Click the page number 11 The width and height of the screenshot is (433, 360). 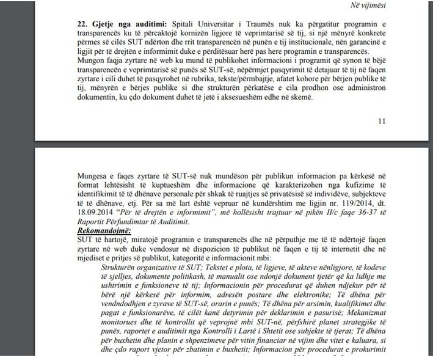(x=382, y=121)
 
